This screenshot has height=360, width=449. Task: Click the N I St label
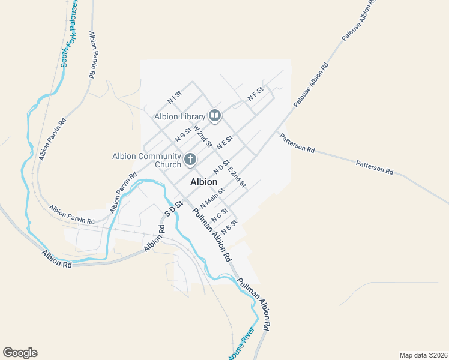coord(175,98)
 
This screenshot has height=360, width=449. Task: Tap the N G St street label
coord(182,134)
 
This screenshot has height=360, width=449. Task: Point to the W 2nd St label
coord(202,136)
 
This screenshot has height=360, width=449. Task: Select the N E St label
coord(224,142)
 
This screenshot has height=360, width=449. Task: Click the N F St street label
coord(256,94)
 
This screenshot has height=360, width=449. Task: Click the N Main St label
coord(212,198)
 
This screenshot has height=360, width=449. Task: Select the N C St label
coord(220,213)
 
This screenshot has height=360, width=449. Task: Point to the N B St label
coord(230,227)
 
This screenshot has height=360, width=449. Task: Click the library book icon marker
coord(215,115)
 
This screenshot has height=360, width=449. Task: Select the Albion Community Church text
coord(146,160)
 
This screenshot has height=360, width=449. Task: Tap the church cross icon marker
coord(190,160)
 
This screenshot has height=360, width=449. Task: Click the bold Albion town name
coord(203,182)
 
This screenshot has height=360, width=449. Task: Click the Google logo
coord(20,353)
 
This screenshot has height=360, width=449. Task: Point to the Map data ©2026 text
coord(423,355)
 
